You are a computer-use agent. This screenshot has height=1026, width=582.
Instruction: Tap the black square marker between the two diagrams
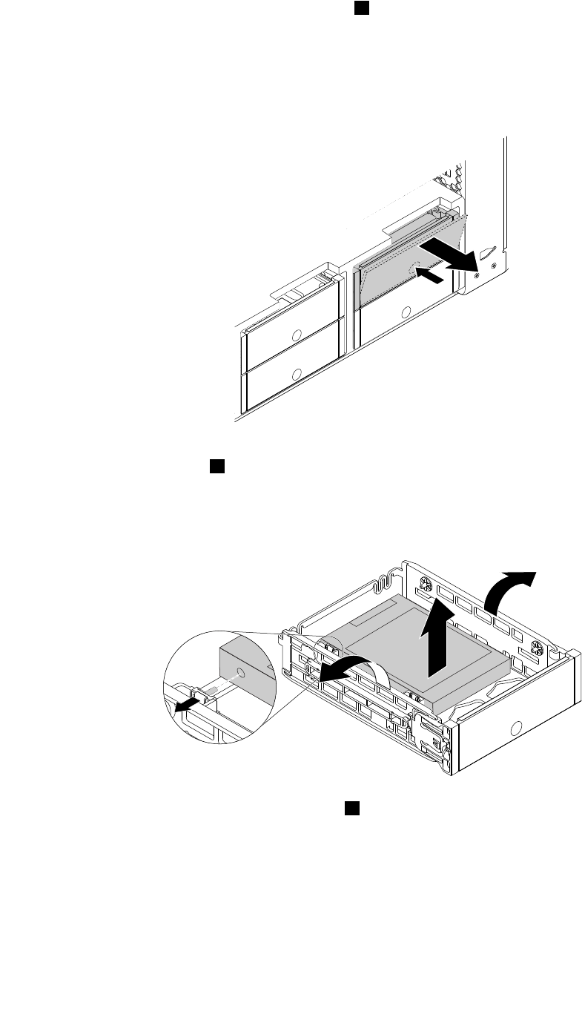tap(216, 466)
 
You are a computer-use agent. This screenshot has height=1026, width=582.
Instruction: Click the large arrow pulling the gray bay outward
tap(449, 253)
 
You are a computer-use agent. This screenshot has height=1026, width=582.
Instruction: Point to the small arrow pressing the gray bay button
tap(432, 276)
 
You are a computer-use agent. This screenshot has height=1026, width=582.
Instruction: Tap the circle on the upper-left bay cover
tap(297, 335)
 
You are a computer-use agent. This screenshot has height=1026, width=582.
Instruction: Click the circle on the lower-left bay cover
tap(297, 375)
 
